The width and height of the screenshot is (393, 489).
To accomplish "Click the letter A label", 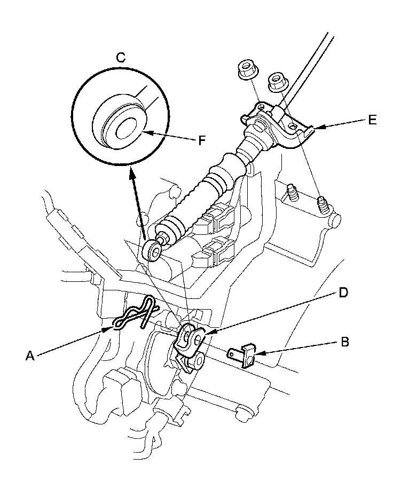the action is pos(30,355).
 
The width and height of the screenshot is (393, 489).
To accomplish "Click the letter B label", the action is pos(344,342).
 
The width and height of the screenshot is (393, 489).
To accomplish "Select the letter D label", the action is pos(343,293).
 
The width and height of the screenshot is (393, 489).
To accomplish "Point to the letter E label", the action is pos(372,120).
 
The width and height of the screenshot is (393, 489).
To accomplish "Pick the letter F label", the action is pos(202,140).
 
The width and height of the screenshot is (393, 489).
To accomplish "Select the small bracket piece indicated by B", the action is pos(242,355).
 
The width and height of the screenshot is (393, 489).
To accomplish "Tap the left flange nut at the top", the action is pos(247,70).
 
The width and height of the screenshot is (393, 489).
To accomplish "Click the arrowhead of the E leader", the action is pos(316,128).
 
